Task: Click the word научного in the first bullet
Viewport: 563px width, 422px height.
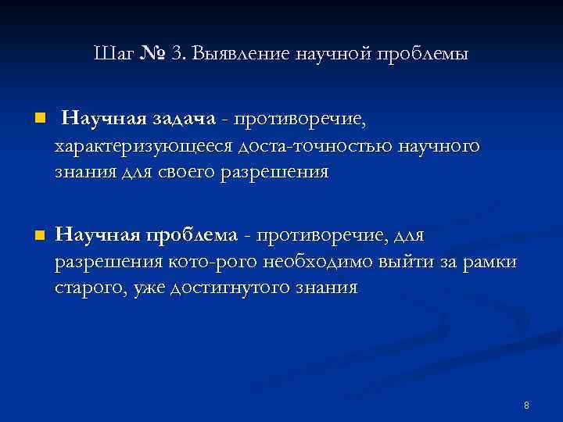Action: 439,146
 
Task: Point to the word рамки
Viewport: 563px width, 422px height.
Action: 489,262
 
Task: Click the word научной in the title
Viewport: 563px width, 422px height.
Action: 332,54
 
